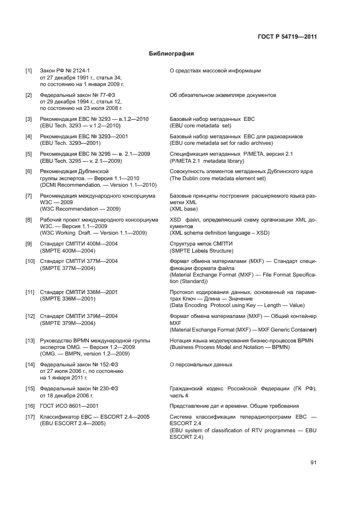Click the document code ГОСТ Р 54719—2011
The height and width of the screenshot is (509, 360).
coord(287,37)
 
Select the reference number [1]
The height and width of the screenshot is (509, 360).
coord(28,71)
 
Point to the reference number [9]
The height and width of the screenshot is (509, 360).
coord(28,244)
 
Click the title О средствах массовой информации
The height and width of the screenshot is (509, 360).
coord(215,71)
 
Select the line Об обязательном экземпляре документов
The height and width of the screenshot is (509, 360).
coord(223,95)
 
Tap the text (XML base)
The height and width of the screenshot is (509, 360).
coord(184,209)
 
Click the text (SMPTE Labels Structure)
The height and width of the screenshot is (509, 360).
coord(202,250)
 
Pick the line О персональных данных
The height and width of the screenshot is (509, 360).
coord(201,365)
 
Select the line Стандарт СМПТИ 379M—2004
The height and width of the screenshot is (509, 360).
coord(78,316)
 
